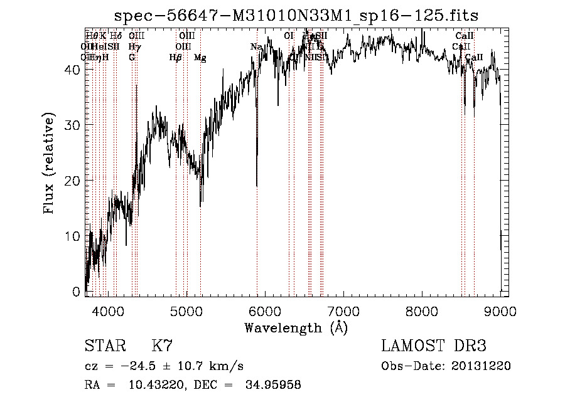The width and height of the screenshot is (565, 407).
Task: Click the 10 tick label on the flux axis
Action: (x=73, y=236)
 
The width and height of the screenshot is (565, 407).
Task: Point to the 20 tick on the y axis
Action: (x=73, y=181)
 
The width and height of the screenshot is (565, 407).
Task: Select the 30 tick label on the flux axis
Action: (x=73, y=125)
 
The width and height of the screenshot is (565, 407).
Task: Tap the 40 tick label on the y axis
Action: (x=73, y=70)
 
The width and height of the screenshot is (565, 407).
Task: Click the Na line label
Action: (x=256, y=47)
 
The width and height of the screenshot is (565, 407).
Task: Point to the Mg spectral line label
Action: (x=200, y=58)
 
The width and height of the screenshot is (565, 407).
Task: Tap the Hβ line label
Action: (x=175, y=58)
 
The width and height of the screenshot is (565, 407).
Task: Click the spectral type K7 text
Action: (x=162, y=346)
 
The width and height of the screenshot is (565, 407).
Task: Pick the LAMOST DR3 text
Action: (x=434, y=346)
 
